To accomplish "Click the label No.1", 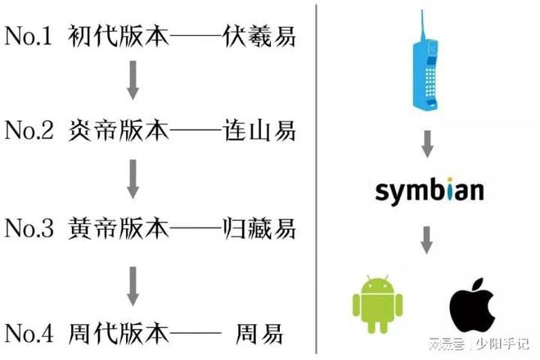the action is [x=29, y=36].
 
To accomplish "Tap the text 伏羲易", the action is [x=259, y=36].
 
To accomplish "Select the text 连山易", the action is [x=259, y=131].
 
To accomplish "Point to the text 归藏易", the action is [x=259, y=228].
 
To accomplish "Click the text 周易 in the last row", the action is [x=259, y=334].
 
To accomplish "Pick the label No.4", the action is [x=29, y=333].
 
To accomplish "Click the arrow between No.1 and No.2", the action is [x=133, y=80].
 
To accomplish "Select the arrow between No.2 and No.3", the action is [x=133, y=179].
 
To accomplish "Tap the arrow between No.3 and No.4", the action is [x=133, y=286].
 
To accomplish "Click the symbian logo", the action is [x=430, y=191].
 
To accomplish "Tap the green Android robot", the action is [x=377, y=304].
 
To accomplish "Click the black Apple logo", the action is [x=473, y=304].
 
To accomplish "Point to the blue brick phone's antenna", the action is [x=422, y=27].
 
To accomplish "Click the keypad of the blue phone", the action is [x=430, y=82].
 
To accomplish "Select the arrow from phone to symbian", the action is [x=427, y=144].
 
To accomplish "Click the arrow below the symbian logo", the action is [x=427, y=240].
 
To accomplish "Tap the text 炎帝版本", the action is [x=118, y=131].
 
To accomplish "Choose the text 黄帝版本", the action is [x=118, y=228].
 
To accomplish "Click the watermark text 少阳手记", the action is [x=502, y=344].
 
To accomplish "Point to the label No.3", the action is [x=29, y=227].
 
